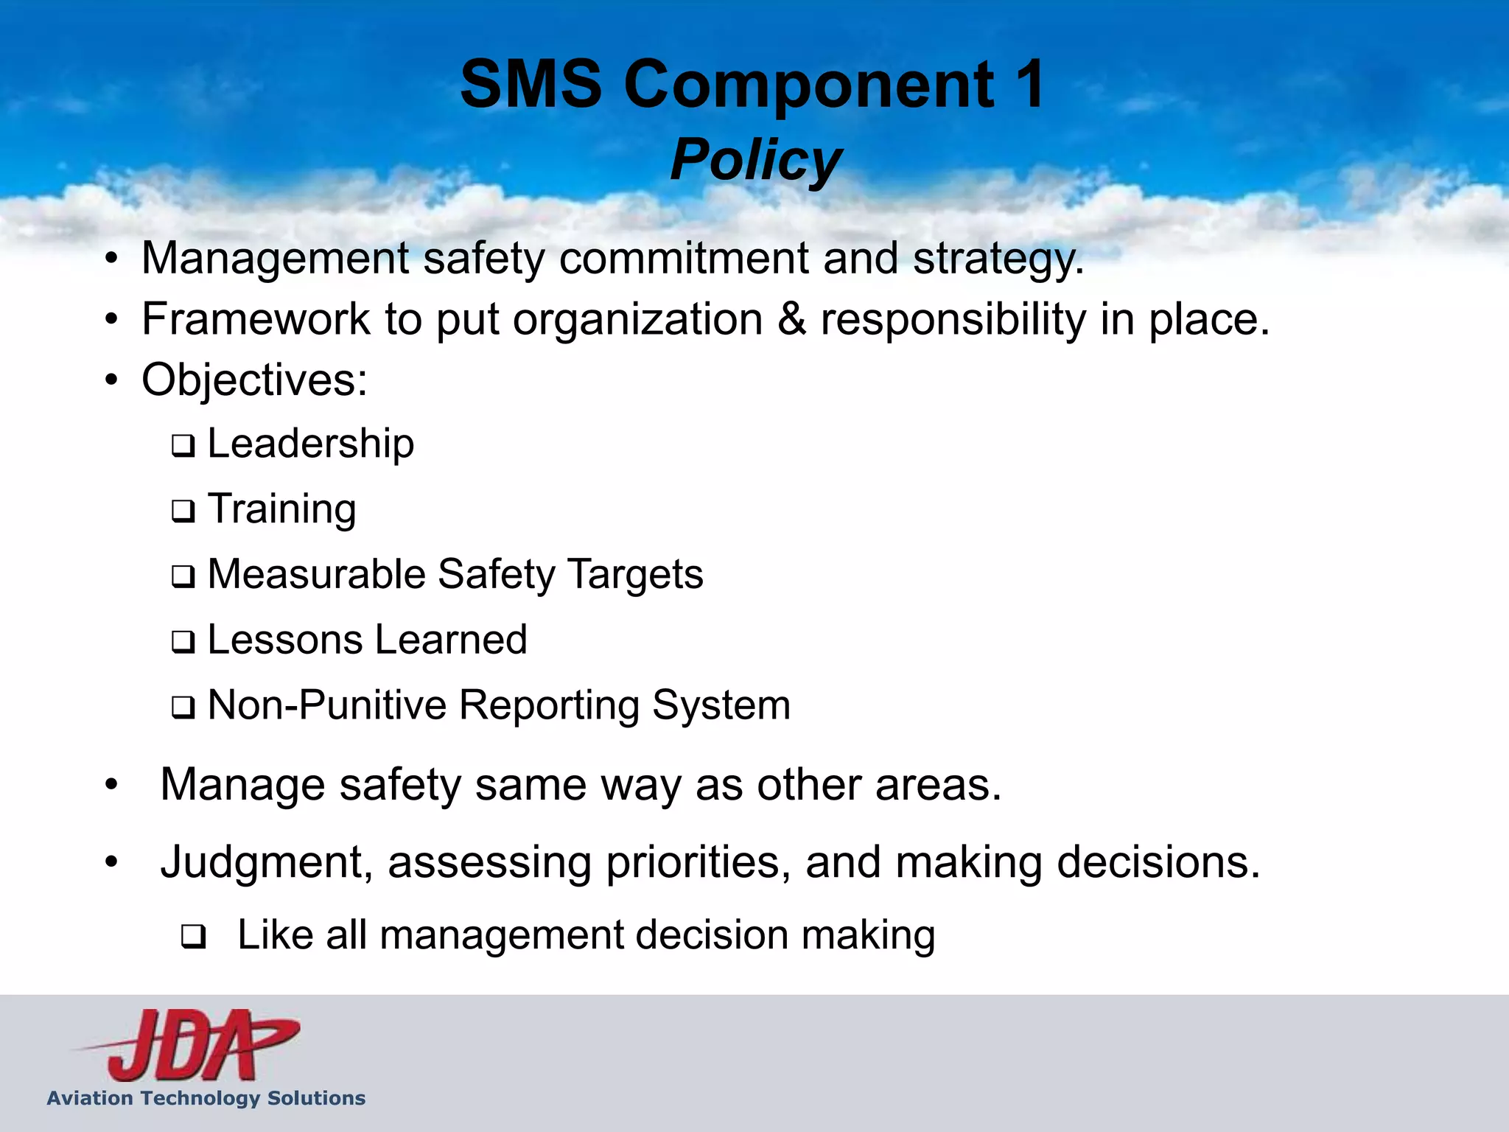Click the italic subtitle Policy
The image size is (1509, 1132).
click(x=755, y=160)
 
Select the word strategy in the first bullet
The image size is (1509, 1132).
click(x=998, y=259)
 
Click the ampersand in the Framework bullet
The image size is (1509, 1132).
click(x=791, y=320)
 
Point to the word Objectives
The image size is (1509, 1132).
click(x=254, y=381)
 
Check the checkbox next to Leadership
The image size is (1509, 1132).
click(x=183, y=446)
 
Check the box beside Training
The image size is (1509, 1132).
click(x=183, y=511)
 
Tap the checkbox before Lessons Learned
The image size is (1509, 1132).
click(x=183, y=642)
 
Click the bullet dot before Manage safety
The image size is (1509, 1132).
click(x=111, y=784)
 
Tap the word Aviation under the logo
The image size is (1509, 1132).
click(x=90, y=1098)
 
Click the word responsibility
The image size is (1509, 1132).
click(x=953, y=320)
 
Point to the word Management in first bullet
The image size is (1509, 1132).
click(x=275, y=259)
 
